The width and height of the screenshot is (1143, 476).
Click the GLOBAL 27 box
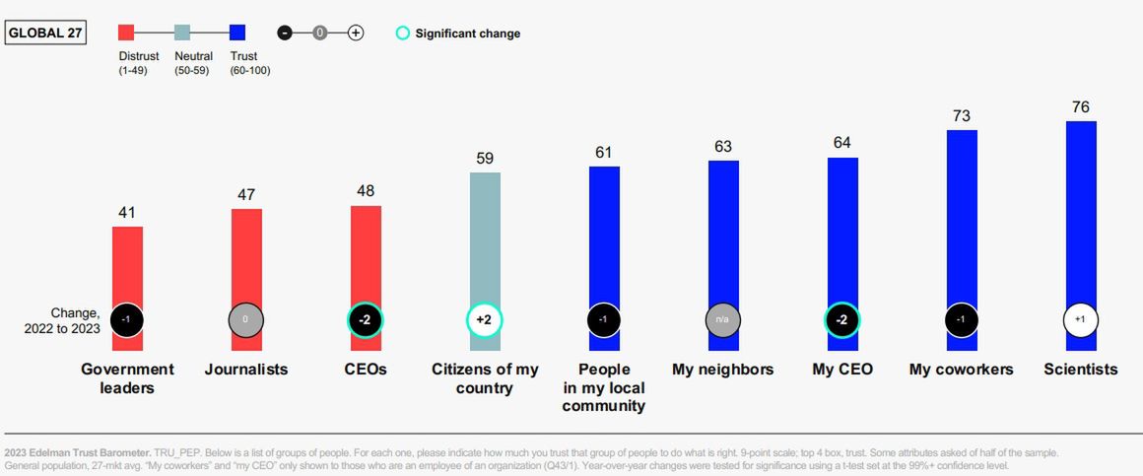click(45, 33)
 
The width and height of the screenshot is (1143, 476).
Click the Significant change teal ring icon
click(402, 34)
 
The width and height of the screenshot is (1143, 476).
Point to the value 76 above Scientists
click(1081, 107)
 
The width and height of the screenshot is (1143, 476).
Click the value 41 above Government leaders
click(126, 212)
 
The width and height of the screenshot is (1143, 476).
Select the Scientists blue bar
click(1081, 217)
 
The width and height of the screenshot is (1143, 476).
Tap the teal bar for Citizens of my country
click(485, 246)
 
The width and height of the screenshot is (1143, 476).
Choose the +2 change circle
click(485, 320)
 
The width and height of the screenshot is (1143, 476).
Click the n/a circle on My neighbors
click(723, 320)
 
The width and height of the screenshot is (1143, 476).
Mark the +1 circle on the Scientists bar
click(1081, 320)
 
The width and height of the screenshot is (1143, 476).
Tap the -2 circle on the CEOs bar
click(365, 320)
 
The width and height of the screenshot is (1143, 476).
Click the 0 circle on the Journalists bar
click(246, 320)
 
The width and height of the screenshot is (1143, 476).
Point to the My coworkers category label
click(961, 370)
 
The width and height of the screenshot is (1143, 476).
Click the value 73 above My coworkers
click(962, 116)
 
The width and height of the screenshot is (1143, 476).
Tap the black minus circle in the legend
click(285, 33)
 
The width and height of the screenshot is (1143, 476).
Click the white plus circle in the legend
click(356, 33)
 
